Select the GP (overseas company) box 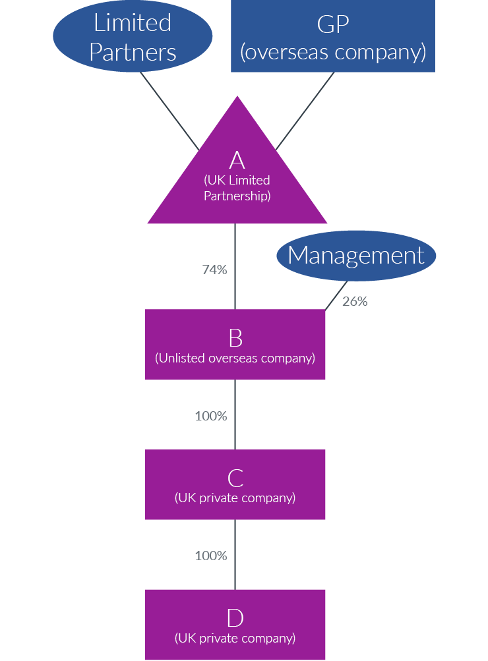click(332, 36)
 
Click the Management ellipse click(356, 255)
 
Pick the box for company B click(235, 344)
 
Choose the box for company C click(235, 484)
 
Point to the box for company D click(235, 624)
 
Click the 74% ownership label click(214, 270)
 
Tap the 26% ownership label click(355, 302)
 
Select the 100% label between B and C click(211, 416)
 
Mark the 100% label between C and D click(211, 556)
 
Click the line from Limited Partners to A click(169, 110)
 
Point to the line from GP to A click(305, 110)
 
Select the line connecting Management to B click(337, 295)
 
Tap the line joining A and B click(235, 267)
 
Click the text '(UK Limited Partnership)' click(237, 188)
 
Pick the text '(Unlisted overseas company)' click(235, 359)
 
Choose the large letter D click(235, 618)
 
